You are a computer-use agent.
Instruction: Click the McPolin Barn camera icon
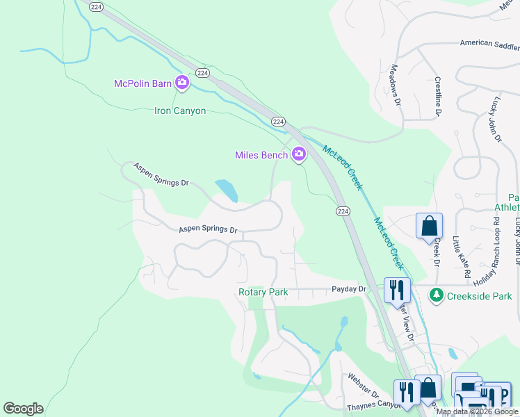click(182, 83)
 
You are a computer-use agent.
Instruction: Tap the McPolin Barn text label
click(143, 84)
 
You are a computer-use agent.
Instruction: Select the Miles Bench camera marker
click(299, 154)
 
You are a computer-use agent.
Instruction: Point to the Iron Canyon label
click(180, 111)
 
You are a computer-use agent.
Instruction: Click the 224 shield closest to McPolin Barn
click(202, 73)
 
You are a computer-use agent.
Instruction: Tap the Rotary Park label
click(263, 293)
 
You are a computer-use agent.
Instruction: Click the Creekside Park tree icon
click(436, 295)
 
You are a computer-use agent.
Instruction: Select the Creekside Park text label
click(479, 296)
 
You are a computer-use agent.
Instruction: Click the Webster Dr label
click(363, 384)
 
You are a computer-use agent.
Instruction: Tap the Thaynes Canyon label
click(374, 404)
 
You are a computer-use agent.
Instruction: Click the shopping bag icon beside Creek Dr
click(429, 226)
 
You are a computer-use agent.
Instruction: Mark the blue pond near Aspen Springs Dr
click(227, 190)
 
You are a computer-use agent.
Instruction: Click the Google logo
click(23, 409)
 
